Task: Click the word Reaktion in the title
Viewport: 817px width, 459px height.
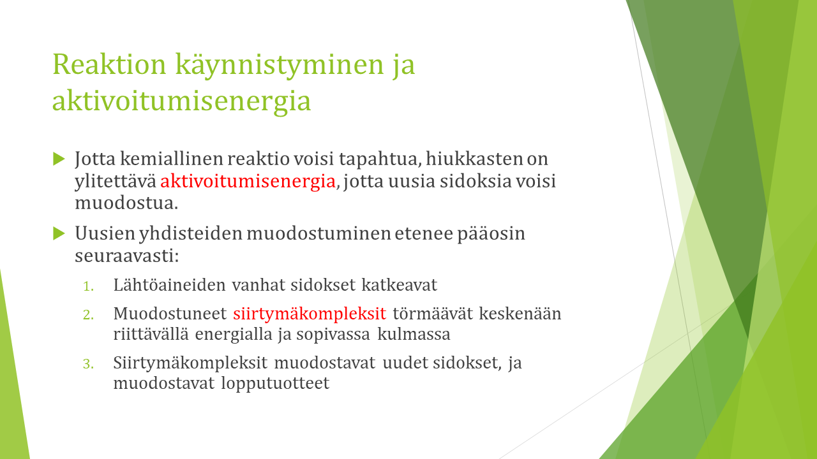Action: coord(109,64)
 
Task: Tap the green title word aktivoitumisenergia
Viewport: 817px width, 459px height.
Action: coord(181,101)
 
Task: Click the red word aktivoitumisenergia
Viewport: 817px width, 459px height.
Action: coord(248,180)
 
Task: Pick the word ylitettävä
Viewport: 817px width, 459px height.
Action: coord(116,182)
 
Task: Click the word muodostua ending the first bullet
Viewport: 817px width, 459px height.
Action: coord(126,203)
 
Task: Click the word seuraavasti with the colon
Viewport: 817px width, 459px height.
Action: coord(127,256)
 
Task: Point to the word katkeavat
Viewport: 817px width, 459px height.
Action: coord(399,285)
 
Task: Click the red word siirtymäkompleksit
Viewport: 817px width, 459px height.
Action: coord(310,314)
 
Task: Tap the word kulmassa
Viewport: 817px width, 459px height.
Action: coord(414,334)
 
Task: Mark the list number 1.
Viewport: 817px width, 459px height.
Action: coord(88,286)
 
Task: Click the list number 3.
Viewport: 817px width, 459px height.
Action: coord(88,364)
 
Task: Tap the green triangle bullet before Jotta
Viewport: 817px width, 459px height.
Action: coord(59,159)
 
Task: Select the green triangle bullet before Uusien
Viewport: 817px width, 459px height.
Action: coord(59,233)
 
